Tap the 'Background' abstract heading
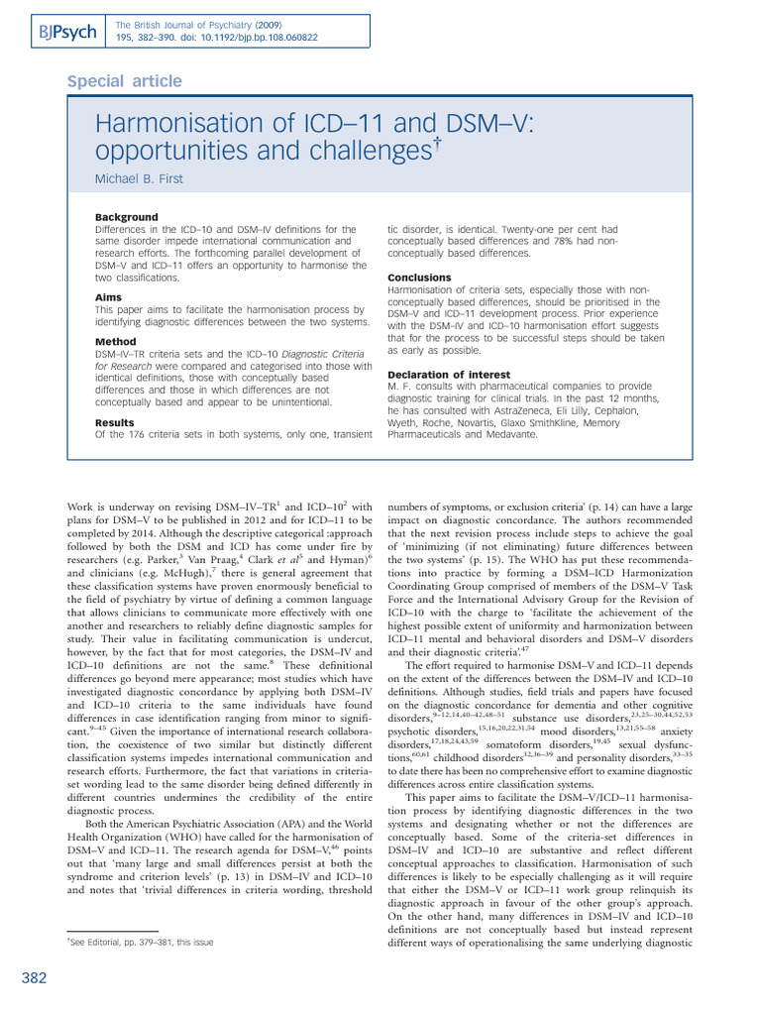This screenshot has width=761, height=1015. click(126, 217)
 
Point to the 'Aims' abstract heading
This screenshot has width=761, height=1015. click(108, 296)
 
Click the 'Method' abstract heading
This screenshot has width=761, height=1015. click(115, 341)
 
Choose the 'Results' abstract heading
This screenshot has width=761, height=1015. click(114, 422)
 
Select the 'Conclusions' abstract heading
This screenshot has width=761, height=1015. click(419, 278)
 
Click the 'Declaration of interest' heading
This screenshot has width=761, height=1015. click(447, 375)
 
